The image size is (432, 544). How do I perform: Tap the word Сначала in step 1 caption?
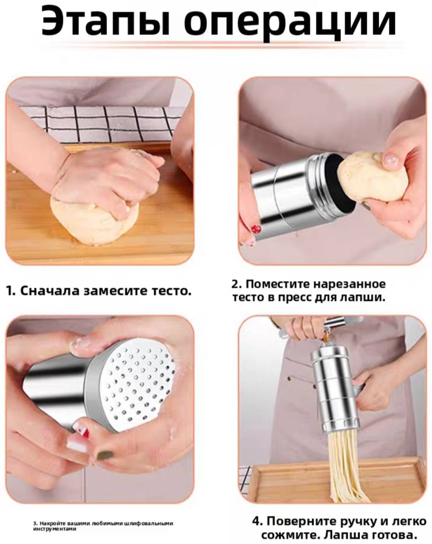(50, 291)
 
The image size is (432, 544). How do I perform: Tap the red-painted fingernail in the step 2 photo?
(256, 229)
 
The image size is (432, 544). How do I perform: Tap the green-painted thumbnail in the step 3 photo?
(105, 456)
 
